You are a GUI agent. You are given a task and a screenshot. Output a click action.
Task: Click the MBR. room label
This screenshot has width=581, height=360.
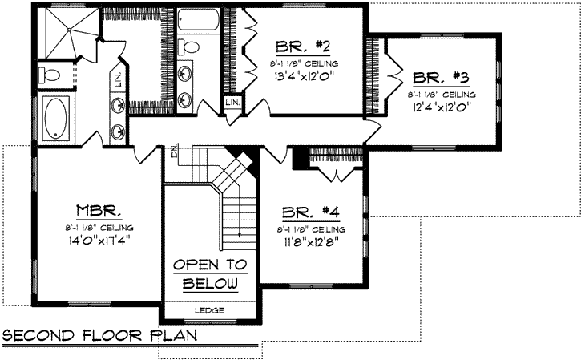(x=99, y=211)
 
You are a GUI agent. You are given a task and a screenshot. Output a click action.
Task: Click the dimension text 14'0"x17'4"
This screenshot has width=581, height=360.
(x=99, y=238)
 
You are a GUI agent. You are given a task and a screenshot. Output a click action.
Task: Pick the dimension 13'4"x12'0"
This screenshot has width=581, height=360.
(x=304, y=77)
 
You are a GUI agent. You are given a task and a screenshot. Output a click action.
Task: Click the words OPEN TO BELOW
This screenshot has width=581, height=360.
(x=210, y=274)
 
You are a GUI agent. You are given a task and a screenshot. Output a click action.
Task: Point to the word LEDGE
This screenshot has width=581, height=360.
(x=210, y=310)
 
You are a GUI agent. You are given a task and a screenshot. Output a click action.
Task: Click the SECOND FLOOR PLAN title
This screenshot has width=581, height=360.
(x=99, y=334)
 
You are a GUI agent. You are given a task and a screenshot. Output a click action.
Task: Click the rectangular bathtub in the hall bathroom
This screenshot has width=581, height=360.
(x=198, y=19)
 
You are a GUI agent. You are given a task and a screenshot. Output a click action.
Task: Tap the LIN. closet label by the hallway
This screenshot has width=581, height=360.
(x=232, y=103)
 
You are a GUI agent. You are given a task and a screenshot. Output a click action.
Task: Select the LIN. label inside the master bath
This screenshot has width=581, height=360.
(x=117, y=77)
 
